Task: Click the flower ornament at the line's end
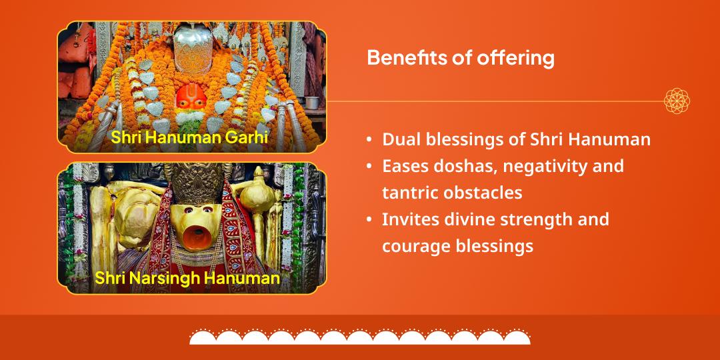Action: pos(677,101)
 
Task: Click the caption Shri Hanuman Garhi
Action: pos(189,137)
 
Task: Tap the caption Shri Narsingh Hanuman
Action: pos(187,277)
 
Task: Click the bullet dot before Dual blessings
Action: pos(369,140)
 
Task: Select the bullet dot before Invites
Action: pos(369,219)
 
